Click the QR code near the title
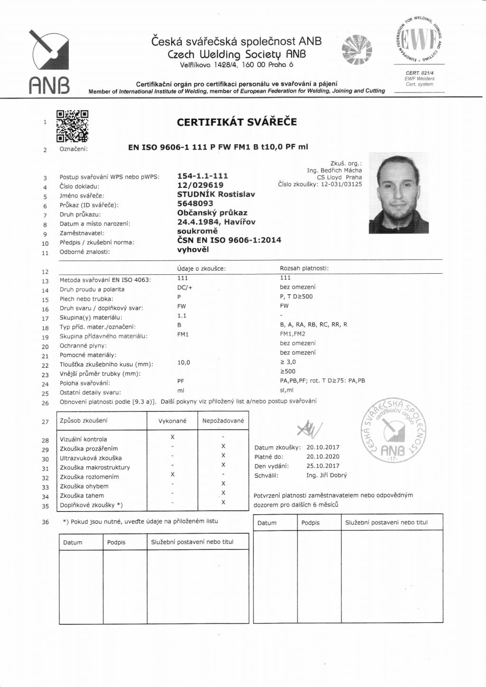coord(72,126)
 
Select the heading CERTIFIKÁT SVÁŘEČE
coord(237,122)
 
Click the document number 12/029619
coord(200,185)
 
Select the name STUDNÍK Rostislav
coord(216,195)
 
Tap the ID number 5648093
coord(195,204)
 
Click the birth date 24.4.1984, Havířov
coord(216,222)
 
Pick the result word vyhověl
coord(193,250)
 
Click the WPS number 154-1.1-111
coord(202,176)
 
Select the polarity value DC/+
coord(185,288)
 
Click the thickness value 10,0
coord(184,362)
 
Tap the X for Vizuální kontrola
coord(173,437)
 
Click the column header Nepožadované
coord(223,421)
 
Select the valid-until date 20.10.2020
coord(323,456)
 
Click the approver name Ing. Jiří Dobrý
coord(327,475)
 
